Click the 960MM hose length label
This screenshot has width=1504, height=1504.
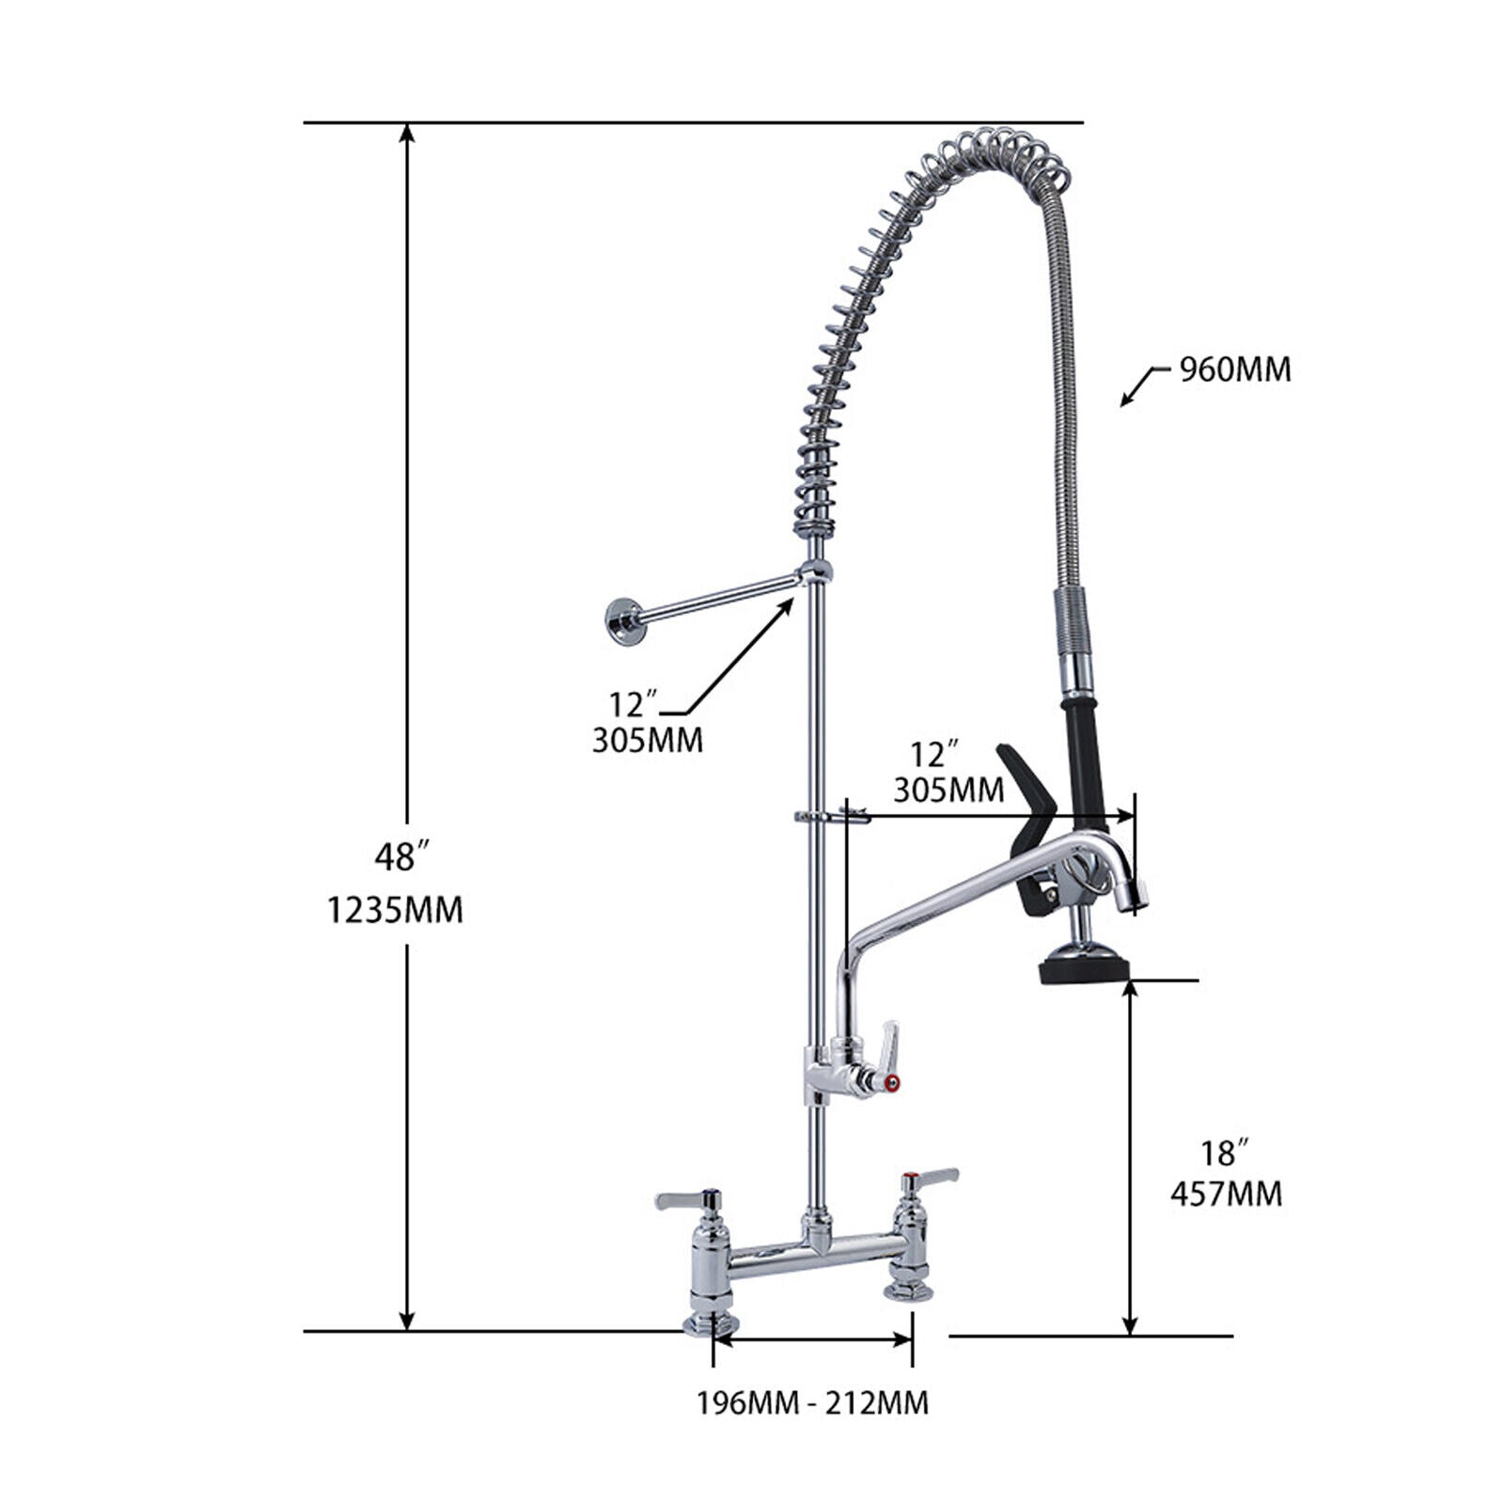point(1235,370)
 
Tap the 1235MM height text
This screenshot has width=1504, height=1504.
point(395,910)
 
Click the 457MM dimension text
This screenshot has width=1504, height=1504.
point(1226,1194)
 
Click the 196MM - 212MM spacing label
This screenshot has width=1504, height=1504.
point(812,1403)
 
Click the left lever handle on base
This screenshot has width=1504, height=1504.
point(686,1199)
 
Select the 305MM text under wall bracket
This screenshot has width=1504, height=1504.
point(647,741)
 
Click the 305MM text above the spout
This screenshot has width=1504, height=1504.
point(948,790)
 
